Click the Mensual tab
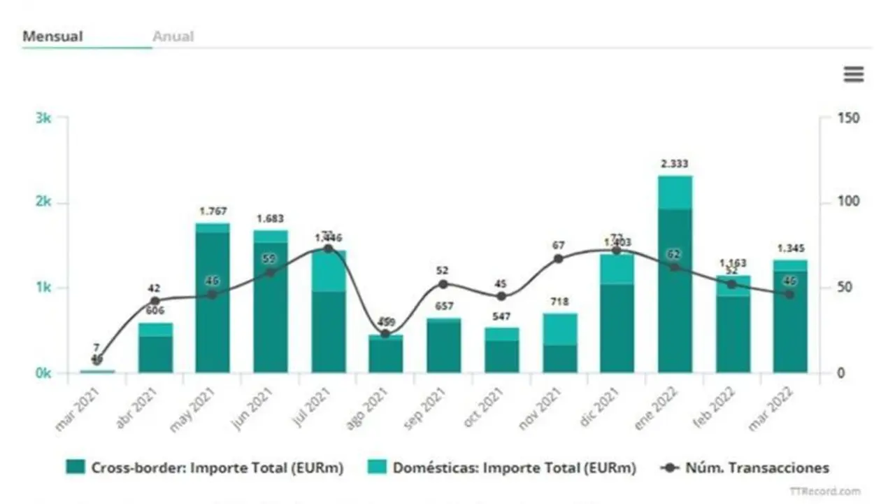point(52,36)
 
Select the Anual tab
point(173,36)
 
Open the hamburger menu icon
point(854,74)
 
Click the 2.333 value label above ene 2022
point(674,164)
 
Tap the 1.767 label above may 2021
point(213,211)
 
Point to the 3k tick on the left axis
point(43,118)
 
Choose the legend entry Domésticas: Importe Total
point(503,468)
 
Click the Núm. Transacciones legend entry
point(745,468)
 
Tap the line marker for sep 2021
point(443,284)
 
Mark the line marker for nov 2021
point(558,259)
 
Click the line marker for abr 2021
point(155,301)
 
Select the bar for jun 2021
point(271,302)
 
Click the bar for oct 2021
point(502,350)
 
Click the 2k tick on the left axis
point(43,202)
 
